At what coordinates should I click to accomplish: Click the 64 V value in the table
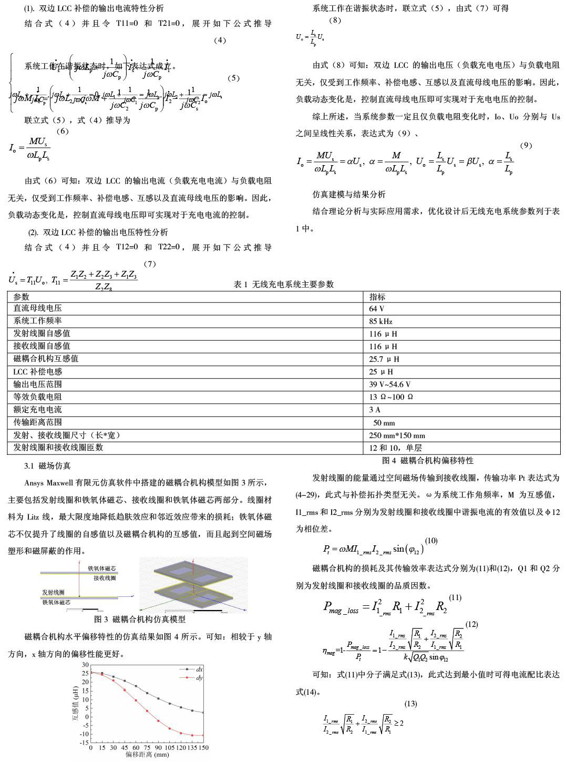pos(376,309)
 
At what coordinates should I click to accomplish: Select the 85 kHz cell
pos(380,321)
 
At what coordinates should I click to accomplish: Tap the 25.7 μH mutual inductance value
pos(384,359)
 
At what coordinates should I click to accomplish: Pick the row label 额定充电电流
pos(37,410)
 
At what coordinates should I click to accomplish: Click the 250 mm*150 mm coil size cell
pos(397,435)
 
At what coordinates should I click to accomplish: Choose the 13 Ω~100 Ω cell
pos(390,397)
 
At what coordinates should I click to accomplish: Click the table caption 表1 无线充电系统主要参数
pos(284,285)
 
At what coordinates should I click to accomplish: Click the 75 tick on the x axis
pos(147,748)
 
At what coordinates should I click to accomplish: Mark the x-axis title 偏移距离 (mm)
pos(147,755)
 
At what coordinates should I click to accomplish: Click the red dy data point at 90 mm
pos(158,721)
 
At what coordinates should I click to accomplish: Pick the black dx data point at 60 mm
pos(136,686)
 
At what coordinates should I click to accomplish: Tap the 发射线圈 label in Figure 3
pos(54,593)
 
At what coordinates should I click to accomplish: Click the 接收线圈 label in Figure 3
pos(105,578)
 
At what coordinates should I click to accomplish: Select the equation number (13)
pos(410,704)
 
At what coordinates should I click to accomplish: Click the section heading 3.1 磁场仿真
pos(47,466)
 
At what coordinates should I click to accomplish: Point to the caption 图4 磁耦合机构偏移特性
pos(428,461)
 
